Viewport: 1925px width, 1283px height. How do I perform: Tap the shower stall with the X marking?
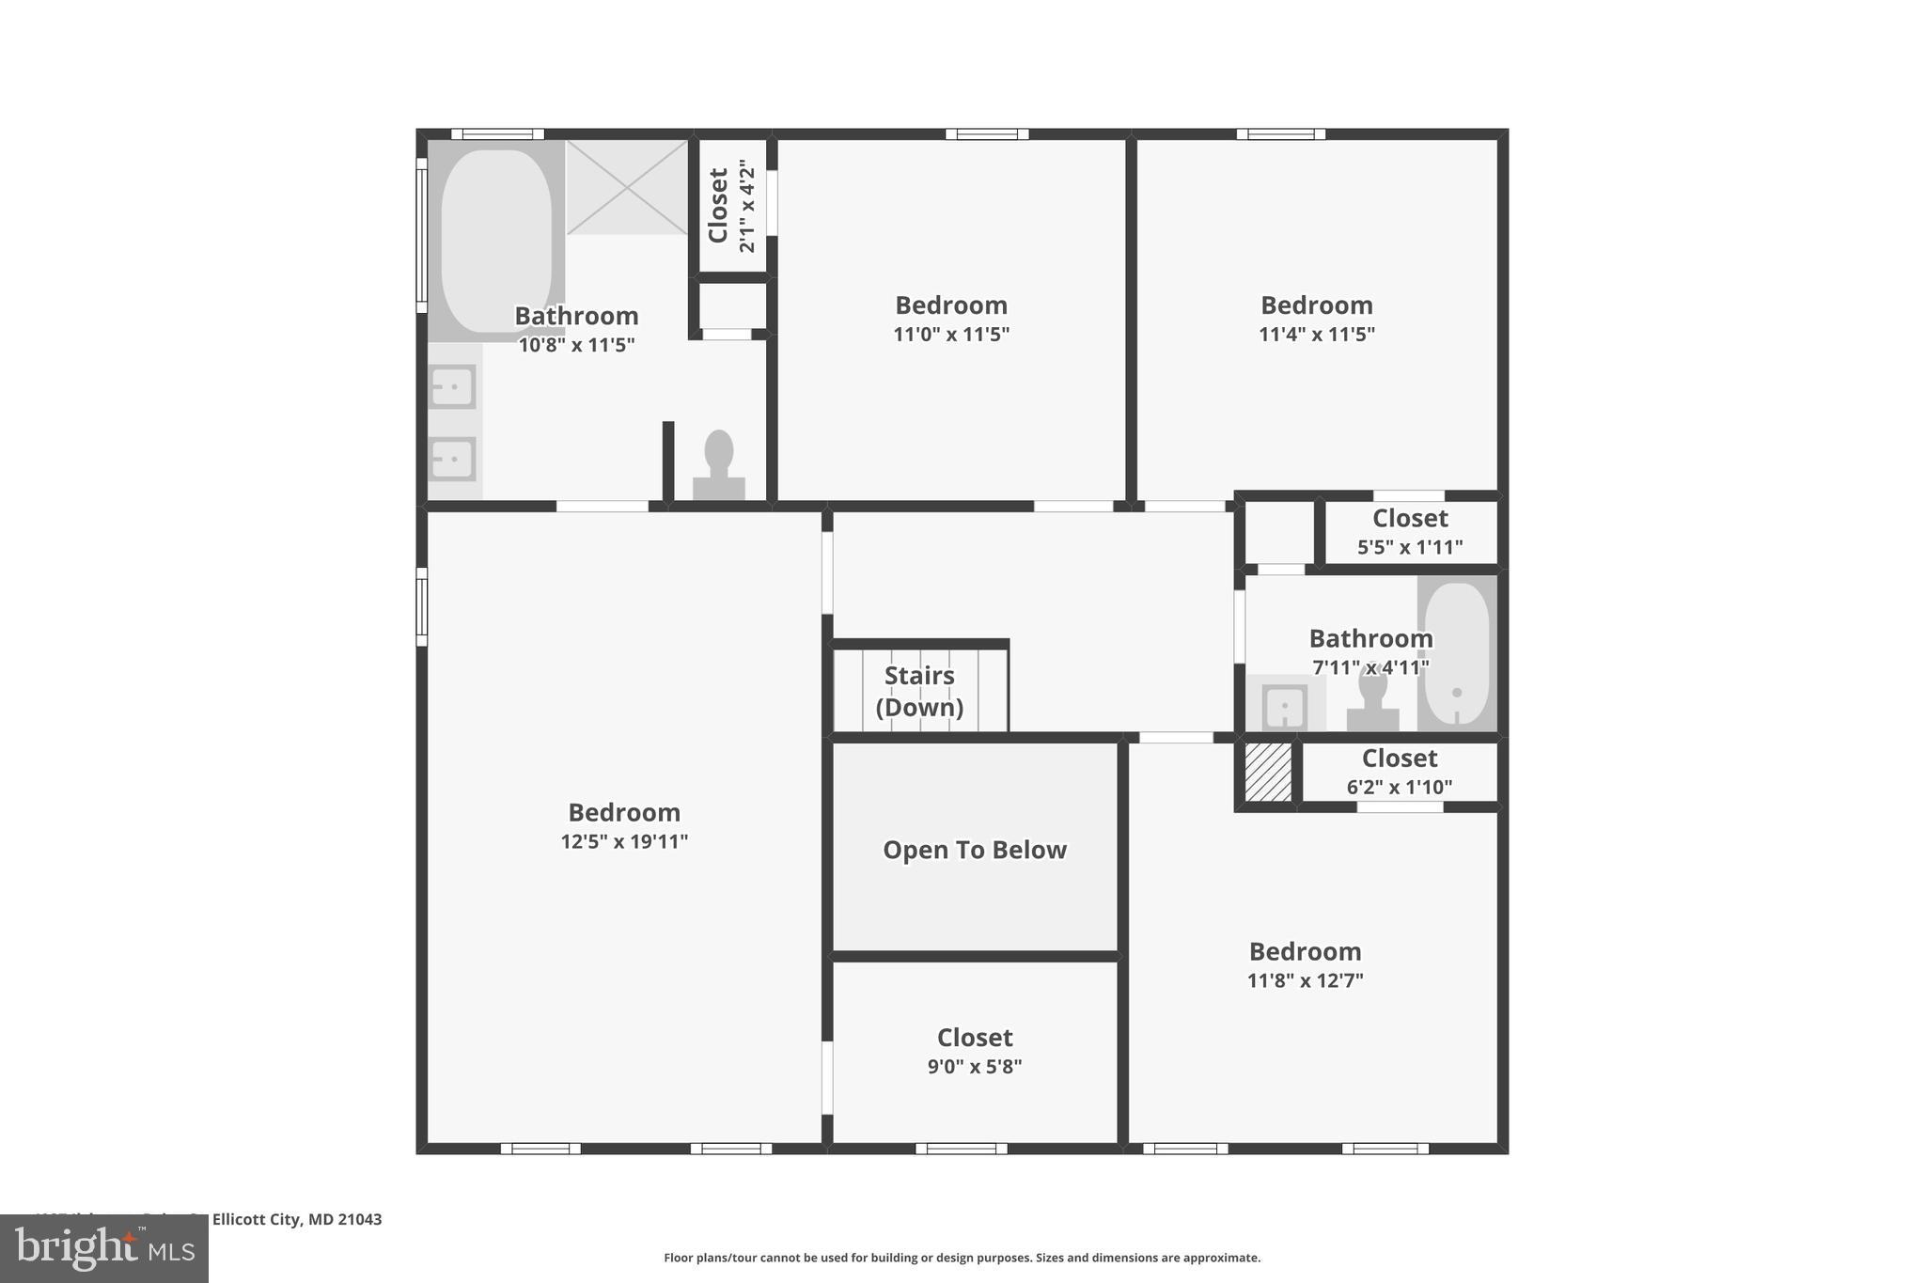pos(627,187)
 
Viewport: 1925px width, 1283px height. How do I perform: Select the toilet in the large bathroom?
pos(719,465)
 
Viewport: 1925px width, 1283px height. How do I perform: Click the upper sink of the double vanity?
pos(452,386)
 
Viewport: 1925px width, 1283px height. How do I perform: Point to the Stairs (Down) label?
pos(919,691)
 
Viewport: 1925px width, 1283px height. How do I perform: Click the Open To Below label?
pos(975,850)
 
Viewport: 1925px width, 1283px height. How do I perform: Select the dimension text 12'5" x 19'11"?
pos(624,841)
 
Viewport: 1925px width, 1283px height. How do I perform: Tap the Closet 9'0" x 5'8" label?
pos(975,1038)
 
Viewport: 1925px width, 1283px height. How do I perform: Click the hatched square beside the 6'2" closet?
pos(1268,772)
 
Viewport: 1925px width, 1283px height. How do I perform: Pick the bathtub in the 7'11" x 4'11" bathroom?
pos(1457,653)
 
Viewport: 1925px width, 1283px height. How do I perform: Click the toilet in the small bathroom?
pos(1372,700)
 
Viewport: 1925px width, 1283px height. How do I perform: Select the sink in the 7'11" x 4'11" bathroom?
pos(1284,707)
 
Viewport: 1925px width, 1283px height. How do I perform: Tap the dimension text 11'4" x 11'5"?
pos(1316,334)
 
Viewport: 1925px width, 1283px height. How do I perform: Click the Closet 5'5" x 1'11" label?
pos(1410,519)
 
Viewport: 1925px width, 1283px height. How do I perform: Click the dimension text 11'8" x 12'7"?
pos(1305,980)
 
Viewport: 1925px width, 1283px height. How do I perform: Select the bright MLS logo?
pos(104,1249)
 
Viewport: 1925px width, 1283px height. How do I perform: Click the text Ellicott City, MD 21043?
pos(297,1219)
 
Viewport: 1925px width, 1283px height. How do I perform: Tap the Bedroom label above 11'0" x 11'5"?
pos(951,305)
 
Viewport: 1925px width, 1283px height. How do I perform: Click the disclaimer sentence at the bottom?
pos(962,1258)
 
